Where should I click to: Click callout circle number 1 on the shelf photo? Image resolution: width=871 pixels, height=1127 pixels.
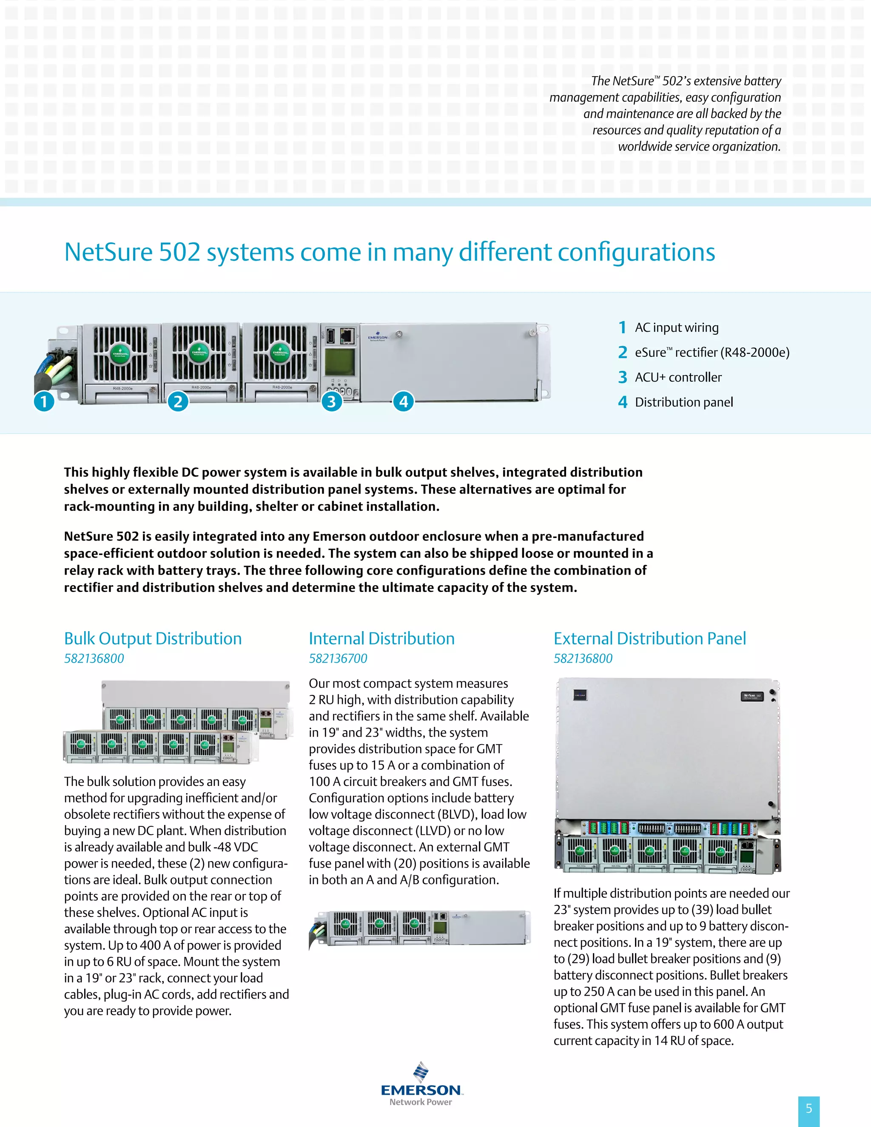(x=44, y=401)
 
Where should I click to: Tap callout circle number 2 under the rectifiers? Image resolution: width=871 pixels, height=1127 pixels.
(x=178, y=401)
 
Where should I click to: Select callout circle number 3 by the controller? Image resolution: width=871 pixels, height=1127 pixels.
(x=332, y=401)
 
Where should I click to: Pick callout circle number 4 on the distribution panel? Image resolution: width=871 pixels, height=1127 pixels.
(x=404, y=401)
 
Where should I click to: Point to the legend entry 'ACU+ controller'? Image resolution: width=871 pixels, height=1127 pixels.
(x=678, y=377)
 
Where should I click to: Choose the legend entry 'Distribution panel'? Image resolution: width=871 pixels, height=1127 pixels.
(x=684, y=402)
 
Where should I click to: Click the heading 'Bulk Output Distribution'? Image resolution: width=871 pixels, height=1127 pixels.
(x=153, y=638)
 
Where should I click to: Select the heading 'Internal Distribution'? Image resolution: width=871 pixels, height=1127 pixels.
(x=381, y=638)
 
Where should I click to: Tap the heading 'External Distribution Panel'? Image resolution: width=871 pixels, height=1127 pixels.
(x=650, y=638)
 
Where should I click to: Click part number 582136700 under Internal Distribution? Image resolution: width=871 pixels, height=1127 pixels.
(x=338, y=658)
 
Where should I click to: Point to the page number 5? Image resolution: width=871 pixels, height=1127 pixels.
(x=808, y=1108)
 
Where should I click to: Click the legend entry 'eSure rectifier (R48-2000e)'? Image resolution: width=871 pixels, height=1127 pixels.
(x=712, y=353)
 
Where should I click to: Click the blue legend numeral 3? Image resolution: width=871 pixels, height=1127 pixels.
(x=623, y=377)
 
